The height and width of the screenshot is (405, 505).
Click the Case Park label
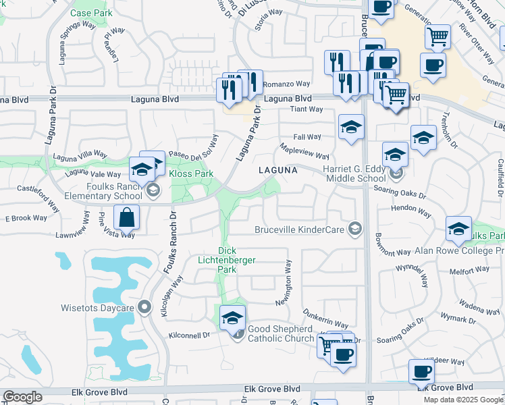91,13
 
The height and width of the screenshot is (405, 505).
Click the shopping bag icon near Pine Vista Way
126,217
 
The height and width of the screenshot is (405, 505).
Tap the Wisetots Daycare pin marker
143,308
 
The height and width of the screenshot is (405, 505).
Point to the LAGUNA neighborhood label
277,171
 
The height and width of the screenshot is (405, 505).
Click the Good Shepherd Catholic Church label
280,333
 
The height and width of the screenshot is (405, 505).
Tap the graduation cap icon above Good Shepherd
232,317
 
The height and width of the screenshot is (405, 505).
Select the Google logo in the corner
22,397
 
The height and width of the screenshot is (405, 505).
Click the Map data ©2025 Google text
464,400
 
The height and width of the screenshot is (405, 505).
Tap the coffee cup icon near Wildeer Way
421,371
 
